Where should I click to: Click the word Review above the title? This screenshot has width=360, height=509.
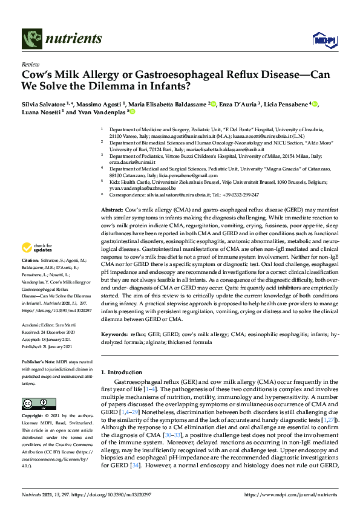click(30, 64)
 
